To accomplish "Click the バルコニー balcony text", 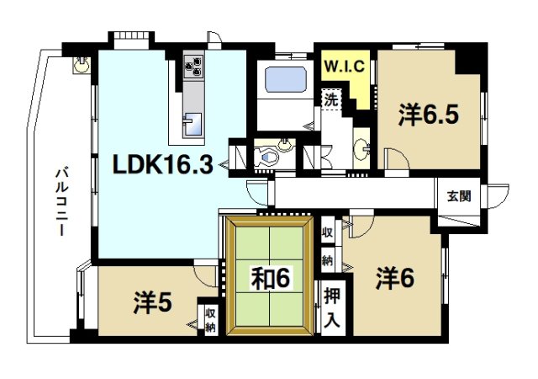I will [x=61, y=202].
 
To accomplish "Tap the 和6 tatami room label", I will [x=271, y=277].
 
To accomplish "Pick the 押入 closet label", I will [x=332, y=307].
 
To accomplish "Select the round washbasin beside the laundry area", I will [x=364, y=148].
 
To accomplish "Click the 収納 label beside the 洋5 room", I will [x=209, y=318].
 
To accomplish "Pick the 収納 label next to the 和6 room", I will [x=328, y=242].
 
